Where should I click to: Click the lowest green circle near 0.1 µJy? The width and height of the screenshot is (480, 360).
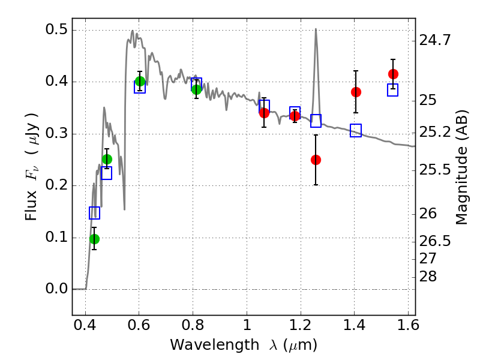pos(94,239)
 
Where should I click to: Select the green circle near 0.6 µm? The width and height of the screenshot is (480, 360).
pos(140,81)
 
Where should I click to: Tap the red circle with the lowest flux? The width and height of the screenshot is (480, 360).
pos(316,160)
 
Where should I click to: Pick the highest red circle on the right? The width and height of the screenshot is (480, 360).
pos(393,74)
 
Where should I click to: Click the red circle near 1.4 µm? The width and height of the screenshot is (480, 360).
pos(356,92)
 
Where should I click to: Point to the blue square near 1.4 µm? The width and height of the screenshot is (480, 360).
pos(356,131)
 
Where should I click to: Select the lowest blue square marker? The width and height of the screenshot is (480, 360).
pos(94,213)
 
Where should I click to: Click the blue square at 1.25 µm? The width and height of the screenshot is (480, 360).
pos(316,121)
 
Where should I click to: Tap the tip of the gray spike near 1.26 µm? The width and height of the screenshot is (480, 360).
pos(316,29)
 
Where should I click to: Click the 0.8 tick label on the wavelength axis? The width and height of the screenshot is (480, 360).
pos(193,328)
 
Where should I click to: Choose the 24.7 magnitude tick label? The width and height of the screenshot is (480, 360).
pos(434,41)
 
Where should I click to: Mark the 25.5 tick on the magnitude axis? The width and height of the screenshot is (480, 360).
pos(434,170)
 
